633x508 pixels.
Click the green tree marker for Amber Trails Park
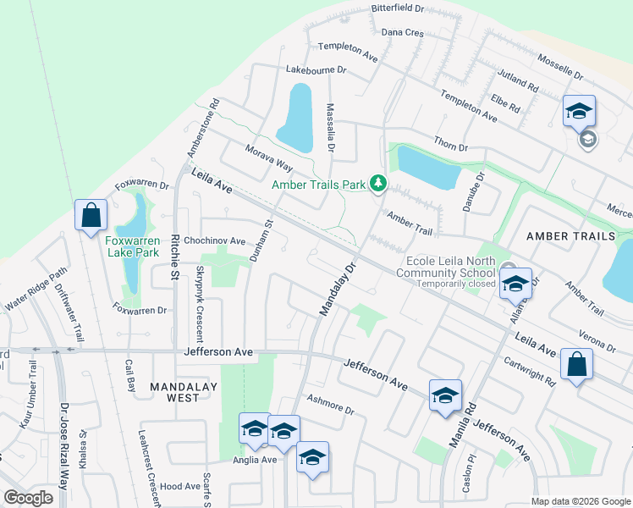(379, 183)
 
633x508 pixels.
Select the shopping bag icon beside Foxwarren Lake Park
(91, 216)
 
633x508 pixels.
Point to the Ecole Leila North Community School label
(450, 267)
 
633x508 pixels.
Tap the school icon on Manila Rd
(445, 395)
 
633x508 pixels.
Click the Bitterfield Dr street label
(398, 8)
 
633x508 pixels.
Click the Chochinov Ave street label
(214, 241)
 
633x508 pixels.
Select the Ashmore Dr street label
(329, 403)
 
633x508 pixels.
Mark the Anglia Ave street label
(255, 460)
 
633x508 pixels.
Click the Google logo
(28, 498)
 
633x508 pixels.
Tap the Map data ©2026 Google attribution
(580, 501)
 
